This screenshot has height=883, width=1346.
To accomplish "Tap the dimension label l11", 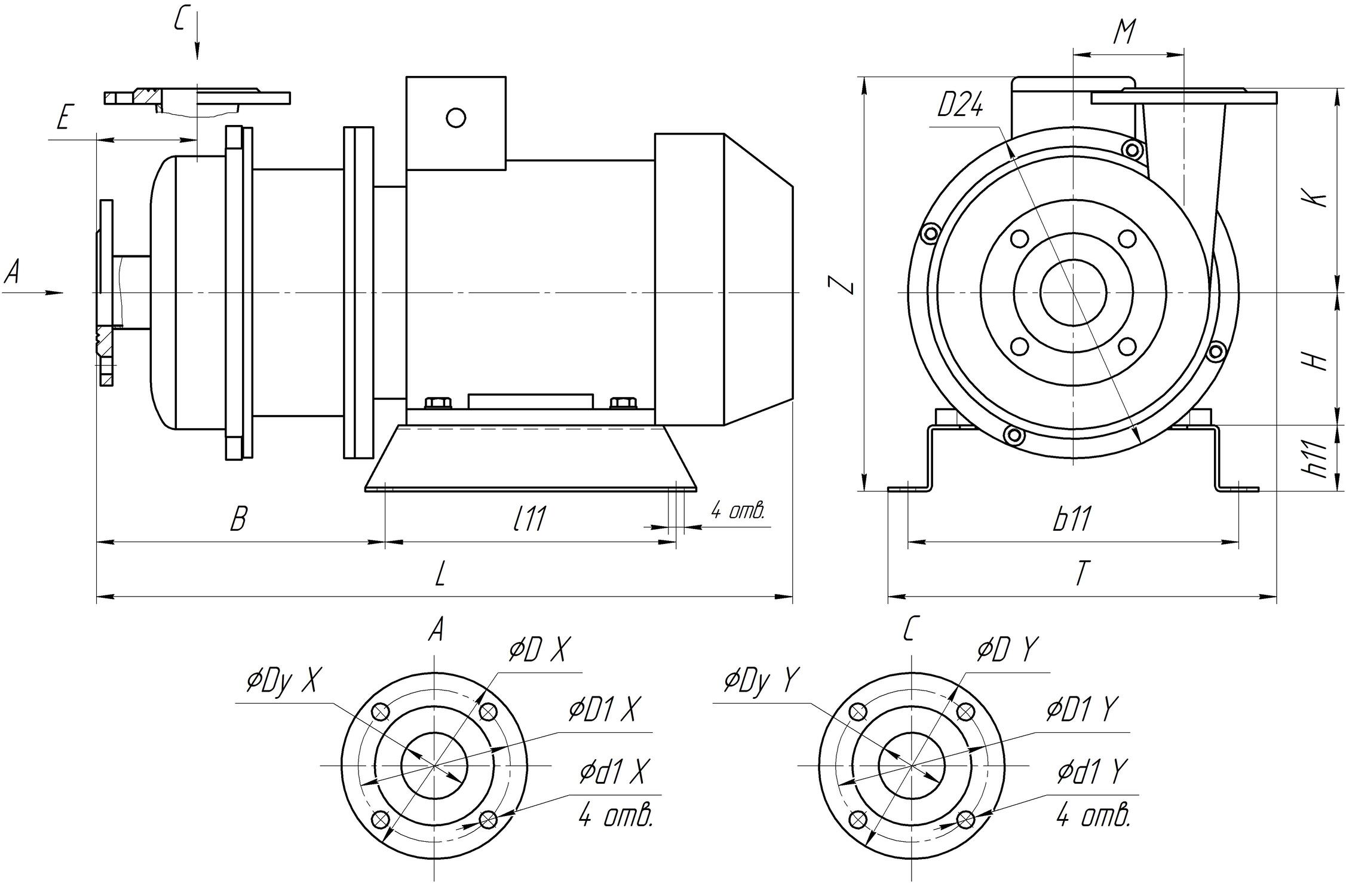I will [x=529, y=518].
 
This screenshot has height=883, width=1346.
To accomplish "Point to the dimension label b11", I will [x=1072, y=518].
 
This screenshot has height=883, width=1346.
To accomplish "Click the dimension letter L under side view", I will [x=440, y=575].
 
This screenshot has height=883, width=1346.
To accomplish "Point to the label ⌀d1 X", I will [x=614, y=772].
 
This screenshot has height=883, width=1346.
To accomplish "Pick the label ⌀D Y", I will [x=1007, y=650].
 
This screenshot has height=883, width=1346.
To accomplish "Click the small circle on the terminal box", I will [x=456, y=118].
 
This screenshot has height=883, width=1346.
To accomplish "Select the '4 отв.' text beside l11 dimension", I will [x=737, y=511].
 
